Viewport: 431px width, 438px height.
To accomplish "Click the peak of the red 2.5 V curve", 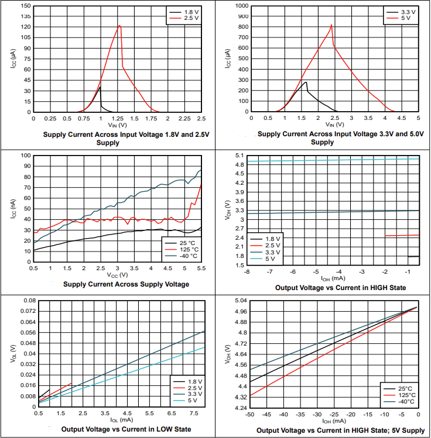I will (119, 25).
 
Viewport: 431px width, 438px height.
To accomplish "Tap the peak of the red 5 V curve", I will (331, 25).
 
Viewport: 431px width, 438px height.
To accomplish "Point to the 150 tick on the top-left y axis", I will (25, 5).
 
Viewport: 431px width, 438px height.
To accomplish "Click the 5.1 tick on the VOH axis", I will (240, 156).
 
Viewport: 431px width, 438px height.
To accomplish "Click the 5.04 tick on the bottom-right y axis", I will (238, 301).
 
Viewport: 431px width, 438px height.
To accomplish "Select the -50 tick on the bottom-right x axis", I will (250, 414).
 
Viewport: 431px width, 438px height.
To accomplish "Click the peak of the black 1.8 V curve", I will (100, 87).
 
